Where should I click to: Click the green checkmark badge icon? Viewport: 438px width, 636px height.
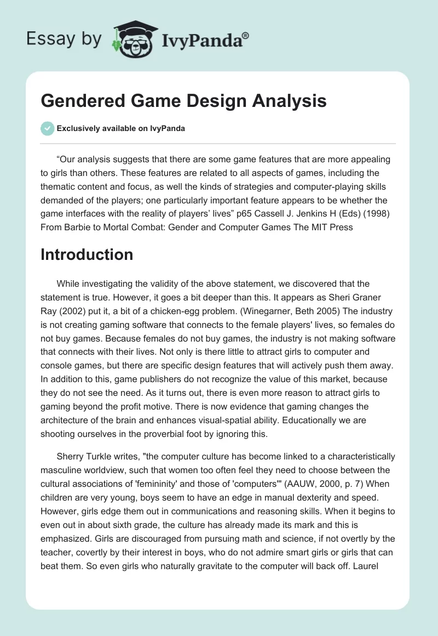[x=48, y=128]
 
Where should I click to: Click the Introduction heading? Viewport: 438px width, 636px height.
[x=87, y=254]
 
